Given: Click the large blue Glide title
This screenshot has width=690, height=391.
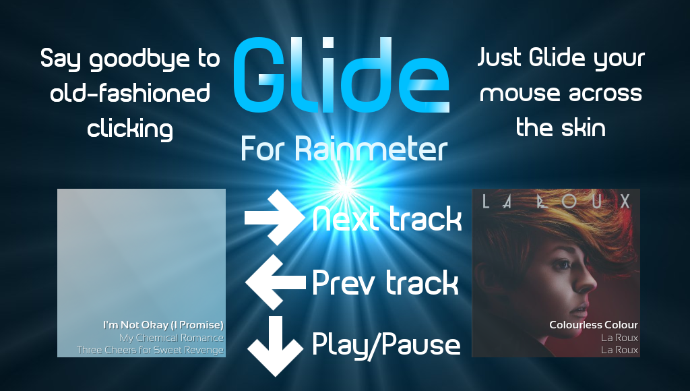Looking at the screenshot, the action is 341,75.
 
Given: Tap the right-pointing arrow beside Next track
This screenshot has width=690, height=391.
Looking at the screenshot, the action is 274,218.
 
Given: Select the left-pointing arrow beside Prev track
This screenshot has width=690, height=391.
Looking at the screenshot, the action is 276,282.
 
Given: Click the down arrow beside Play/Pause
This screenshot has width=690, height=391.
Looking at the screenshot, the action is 276,346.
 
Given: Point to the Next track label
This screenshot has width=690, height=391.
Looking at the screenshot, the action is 387,219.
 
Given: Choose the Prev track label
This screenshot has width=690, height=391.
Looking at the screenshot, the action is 385,282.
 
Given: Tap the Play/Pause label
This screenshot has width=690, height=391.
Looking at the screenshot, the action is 386,344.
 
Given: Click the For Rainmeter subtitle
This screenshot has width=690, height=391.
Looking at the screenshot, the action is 344,148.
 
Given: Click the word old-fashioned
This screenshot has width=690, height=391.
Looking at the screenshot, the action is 130,93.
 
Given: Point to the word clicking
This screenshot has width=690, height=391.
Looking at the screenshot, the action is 130,129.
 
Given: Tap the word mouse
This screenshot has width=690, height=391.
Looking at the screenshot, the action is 520,94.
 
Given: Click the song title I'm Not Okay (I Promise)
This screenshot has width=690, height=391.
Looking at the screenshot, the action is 163,325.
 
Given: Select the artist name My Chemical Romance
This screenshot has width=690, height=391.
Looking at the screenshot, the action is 171,338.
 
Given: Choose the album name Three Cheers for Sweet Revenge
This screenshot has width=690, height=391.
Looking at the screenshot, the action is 150,350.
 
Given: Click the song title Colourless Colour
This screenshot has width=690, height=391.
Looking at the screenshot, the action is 594,325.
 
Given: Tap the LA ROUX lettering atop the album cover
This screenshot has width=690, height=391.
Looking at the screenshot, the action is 556,201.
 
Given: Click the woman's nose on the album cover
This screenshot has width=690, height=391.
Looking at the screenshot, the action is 588,284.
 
